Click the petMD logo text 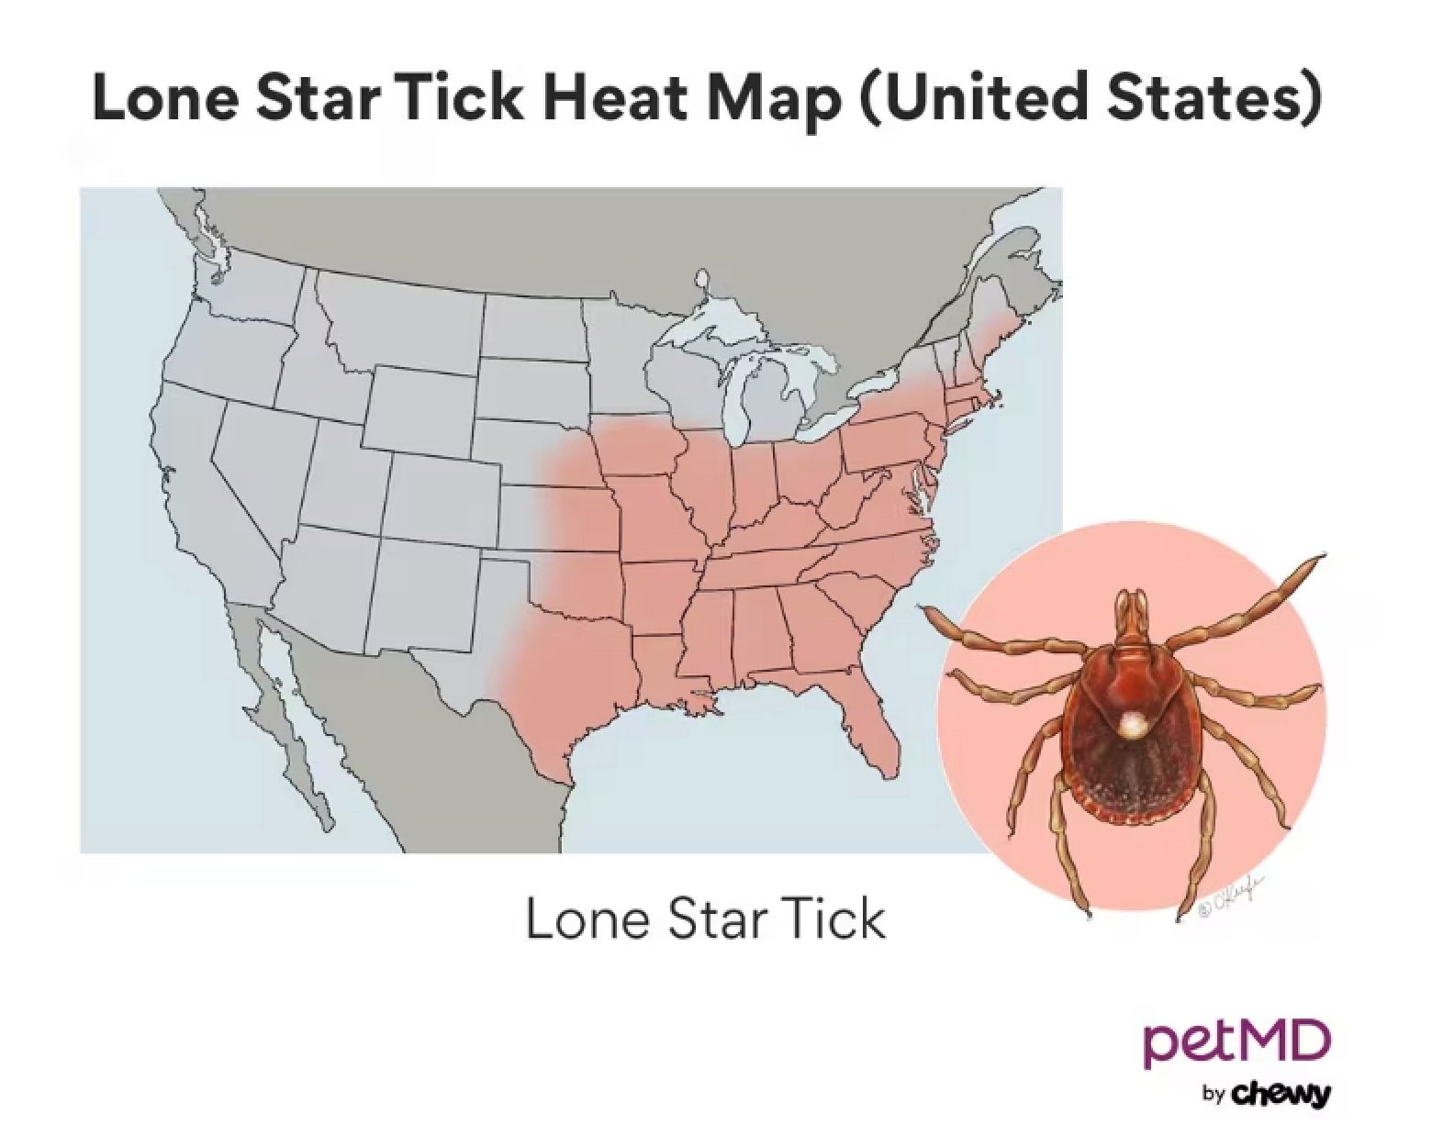click(x=1236, y=1044)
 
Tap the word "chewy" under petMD click(x=1279, y=1094)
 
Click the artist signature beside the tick click(x=1230, y=896)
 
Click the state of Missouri click(x=656, y=514)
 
